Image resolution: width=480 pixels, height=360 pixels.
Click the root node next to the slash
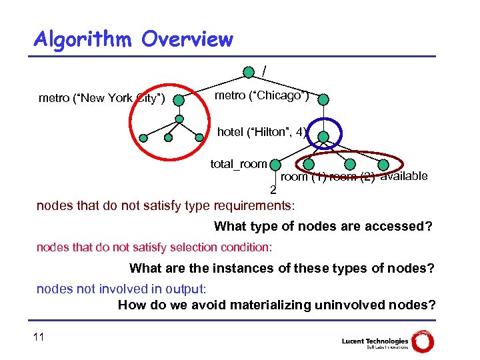click(x=249, y=71)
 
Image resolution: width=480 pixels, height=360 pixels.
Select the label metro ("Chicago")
click(x=261, y=96)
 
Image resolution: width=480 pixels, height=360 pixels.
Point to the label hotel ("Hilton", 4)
click(x=261, y=132)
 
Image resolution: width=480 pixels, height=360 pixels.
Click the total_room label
click(x=238, y=163)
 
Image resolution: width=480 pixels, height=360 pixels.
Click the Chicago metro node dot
click(x=323, y=100)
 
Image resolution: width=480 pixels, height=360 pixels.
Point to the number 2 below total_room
click(x=273, y=190)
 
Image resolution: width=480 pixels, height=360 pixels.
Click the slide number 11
click(x=39, y=337)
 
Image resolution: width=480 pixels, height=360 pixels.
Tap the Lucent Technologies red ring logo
click(x=422, y=340)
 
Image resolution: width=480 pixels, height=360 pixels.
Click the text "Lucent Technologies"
click(x=374, y=341)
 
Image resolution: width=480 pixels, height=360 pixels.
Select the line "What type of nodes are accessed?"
click(x=323, y=227)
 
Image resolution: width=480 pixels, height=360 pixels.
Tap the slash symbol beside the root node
click(x=265, y=69)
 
